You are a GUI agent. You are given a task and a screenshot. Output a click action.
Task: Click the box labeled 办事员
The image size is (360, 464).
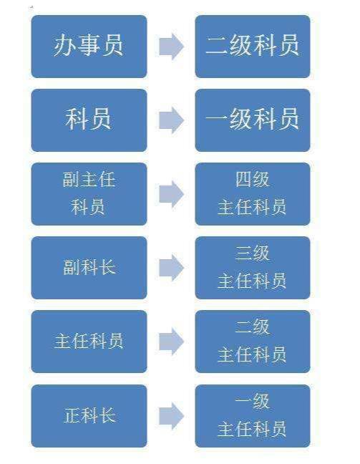(x=89, y=46)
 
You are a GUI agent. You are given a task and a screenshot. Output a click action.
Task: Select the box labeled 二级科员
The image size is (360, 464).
(x=252, y=46)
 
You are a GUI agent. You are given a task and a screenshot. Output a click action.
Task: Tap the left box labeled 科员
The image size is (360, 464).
(x=89, y=120)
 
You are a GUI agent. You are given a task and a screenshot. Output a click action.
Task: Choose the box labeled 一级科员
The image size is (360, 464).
(x=252, y=120)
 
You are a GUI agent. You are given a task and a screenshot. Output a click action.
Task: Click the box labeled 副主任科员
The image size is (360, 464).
(x=89, y=193)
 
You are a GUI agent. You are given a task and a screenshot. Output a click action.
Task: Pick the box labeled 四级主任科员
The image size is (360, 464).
(x=252, y=193)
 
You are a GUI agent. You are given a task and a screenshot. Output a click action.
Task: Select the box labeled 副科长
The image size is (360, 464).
(x=89, y=268)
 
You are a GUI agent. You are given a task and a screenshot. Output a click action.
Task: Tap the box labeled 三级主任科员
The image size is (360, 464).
(x=252, y=268)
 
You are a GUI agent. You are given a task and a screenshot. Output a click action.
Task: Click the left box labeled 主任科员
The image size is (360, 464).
(x=89, y=342)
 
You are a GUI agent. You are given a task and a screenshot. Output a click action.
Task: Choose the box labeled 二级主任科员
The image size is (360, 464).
(x=252, y=342)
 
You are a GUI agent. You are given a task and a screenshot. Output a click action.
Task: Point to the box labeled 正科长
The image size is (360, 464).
(x=89, y=415)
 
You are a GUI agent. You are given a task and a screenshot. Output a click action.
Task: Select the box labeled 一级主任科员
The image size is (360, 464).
(x=252, y=415)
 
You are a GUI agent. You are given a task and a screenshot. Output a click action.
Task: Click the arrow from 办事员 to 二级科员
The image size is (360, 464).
(x=171, y=47)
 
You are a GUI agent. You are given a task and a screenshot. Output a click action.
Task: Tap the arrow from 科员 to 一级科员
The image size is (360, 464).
(x=171, y=120)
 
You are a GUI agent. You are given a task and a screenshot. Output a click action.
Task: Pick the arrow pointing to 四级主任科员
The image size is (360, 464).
(x=171, y=194)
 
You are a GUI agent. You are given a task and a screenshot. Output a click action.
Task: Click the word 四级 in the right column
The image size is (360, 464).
(x=252, y=179)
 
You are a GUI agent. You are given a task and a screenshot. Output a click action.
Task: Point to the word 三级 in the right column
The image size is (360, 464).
(x=252, y=253)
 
